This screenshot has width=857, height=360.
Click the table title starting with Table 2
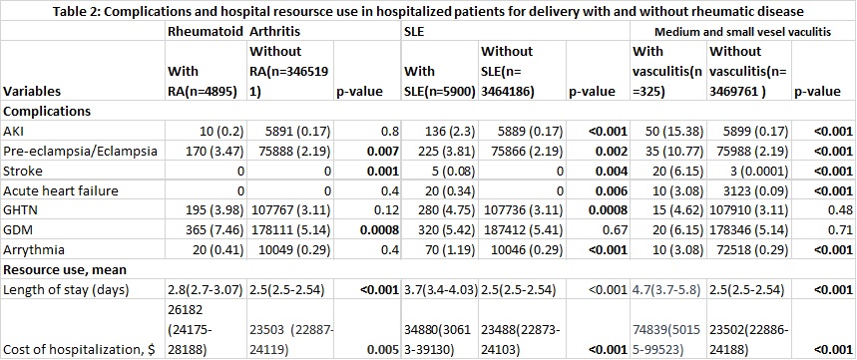[429, 10]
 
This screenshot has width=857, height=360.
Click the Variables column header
[33, 91]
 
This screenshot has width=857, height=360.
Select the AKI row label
[13, 131]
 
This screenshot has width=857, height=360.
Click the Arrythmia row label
[34, 250]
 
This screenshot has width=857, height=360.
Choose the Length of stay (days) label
[66, 289]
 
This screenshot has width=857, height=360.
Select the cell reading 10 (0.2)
[218, 131]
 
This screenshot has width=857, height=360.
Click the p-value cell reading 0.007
[383, 151]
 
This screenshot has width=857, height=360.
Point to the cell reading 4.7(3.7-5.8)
[665, 289]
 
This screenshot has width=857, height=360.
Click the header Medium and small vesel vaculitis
[743, 32]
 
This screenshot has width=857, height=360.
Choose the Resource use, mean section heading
[66, 270]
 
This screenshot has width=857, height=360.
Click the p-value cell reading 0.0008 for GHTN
[607, 210]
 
